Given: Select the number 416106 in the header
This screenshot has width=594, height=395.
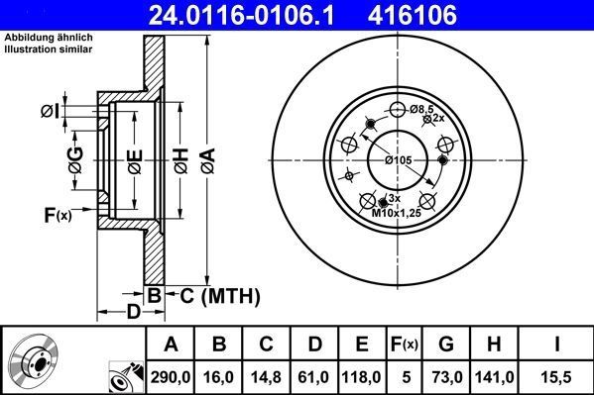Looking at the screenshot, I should pos(446,15).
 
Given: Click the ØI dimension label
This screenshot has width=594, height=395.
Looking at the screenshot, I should pos(49,112).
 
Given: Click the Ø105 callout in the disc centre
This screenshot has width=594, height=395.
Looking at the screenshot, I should pos(398,160).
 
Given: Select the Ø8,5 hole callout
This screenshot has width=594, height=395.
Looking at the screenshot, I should pos(423,108).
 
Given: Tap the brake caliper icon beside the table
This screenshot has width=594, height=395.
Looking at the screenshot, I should pos(123,374).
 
